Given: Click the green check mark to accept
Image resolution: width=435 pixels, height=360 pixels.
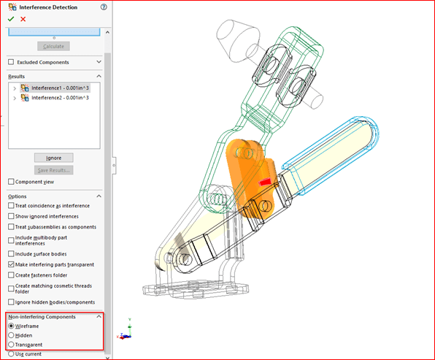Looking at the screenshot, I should click(x=11, y=19).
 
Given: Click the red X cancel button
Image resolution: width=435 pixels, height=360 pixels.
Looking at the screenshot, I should click(x=23, y=19).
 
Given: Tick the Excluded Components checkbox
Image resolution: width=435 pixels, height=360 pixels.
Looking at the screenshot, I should click(x=11, y=63).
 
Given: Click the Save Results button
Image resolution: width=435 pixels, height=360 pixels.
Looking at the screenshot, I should click(x=53, y=170).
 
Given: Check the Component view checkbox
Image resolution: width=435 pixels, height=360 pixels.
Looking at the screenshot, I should click(x=11, y=182).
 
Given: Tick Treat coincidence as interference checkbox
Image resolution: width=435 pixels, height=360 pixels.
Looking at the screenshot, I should click(x=11, y=206).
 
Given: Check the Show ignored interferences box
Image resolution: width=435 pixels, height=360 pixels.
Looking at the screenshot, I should click(x=11, y=217).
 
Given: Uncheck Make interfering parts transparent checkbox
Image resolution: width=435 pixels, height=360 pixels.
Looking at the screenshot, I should click(x=11, y=264).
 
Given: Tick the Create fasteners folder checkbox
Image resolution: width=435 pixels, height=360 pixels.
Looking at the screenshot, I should click(x=11, y=275).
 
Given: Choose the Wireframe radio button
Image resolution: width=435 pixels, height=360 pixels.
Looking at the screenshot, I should click(x=10, y=326).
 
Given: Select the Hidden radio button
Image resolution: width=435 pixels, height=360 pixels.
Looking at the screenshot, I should click(x=10, y=335).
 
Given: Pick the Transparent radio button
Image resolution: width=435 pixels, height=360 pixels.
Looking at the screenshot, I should click(x=10, y=344).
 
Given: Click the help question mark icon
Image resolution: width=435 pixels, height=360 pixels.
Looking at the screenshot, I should click(x=104, y=7).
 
